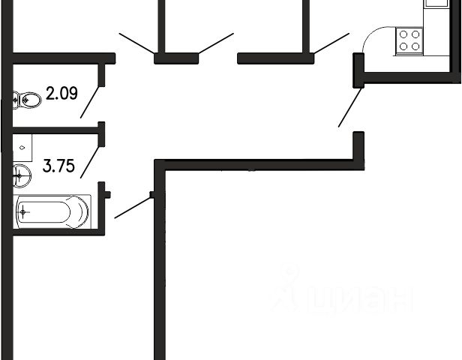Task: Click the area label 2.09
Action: (x=61, y=94)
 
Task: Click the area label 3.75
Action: (x=58, y=166)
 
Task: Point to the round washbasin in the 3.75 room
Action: (x=21, y=177)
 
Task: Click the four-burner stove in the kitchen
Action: (x=409, y=40)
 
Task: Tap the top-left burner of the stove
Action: (x=403, y=34)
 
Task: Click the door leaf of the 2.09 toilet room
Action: (x=91, y=103)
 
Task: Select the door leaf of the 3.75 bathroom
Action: (x=91, y=162)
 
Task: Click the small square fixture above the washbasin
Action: (x=23, y=148)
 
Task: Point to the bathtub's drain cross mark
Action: (x=23, y=212)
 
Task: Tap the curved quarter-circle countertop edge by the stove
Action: (x=369, y=37)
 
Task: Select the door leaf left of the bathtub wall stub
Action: (x=133, y=207)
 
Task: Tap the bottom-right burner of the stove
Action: (x=415, y=46)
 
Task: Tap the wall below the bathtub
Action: (x=56, y=232)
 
